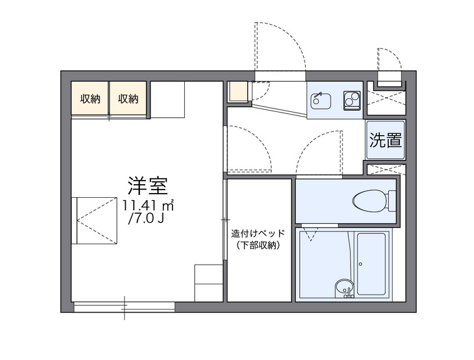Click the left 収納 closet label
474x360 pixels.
point(91,99)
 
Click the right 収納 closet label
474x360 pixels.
point(128,99)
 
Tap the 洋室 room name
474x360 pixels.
point(148,185)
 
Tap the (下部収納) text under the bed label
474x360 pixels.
point(258,245)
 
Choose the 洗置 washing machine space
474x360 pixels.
point(386,140)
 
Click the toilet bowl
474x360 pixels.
point(367,201)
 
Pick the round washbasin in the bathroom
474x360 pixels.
point(342,287)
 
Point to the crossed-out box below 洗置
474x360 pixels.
point(386,170)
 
